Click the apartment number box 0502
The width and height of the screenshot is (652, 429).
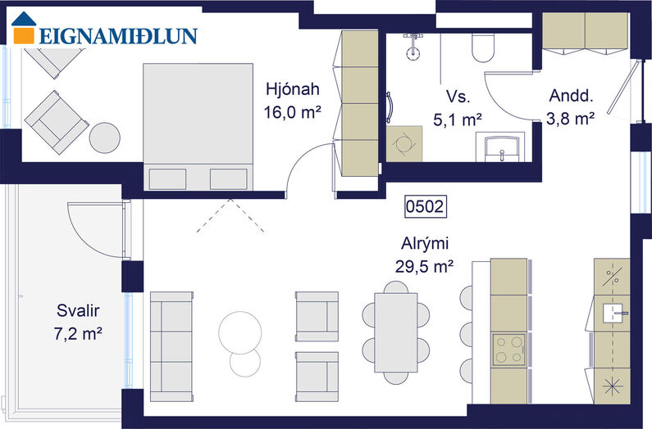tap(426, 206)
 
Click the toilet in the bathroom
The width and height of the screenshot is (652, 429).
tap(483, 47)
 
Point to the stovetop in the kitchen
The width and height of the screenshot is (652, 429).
tap(508, 350)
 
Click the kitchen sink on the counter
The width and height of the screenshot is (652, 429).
tap(613, 313)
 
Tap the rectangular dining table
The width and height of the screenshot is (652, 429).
tap(396, 332)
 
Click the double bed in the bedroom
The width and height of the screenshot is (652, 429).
tap(198, 127)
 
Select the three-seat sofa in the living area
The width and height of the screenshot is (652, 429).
tap(171, 347)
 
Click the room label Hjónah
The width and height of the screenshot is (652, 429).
tap(293, 89)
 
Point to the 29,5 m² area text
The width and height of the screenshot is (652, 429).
tap(424, 266)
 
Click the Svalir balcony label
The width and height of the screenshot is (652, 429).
tap(78, 310)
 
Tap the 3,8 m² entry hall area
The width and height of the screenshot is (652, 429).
tap(570, 119)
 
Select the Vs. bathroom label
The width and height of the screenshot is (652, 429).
tap(458, 97)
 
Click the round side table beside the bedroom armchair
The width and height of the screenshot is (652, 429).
tap(105, 138)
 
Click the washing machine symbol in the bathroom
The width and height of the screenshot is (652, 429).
tap(404, 144)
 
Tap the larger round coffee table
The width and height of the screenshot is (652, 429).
tap(240, 332)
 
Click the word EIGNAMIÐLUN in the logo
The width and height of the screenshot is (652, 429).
tap(118, 36)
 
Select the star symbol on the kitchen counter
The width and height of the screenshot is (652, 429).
tap(613, 386)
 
